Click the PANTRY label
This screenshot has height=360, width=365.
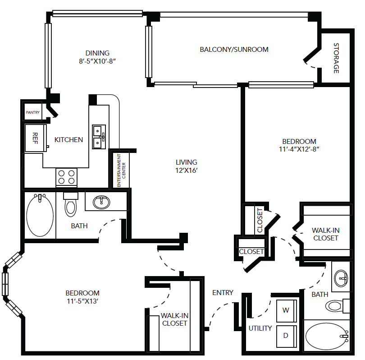coord(32,112)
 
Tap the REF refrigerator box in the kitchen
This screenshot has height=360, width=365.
coord(36,138)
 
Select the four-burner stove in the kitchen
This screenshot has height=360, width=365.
coord(66,177)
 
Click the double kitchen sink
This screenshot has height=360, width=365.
coord(99,137)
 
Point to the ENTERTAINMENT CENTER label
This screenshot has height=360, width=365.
coord(121,171)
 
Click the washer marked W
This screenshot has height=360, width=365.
coord(287,311)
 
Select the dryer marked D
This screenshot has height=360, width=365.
coord(287,336)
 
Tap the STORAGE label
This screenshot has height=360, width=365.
coord(336,58)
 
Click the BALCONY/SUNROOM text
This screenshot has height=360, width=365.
coord(234,49)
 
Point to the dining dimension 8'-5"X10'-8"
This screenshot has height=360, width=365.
coord(97,61)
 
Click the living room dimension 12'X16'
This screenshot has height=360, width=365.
coord(186,171)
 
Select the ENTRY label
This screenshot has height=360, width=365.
coord(223,292)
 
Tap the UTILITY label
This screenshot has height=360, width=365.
coord(260,328)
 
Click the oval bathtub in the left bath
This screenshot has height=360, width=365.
coord(40,216)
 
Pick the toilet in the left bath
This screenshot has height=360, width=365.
coord(71,205)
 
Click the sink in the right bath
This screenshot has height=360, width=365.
coord(341,278)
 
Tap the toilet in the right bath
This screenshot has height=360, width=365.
coord(338,306)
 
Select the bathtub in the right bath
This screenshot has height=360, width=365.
coord(327,336)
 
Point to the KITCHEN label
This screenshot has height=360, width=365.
coord(68,139)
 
